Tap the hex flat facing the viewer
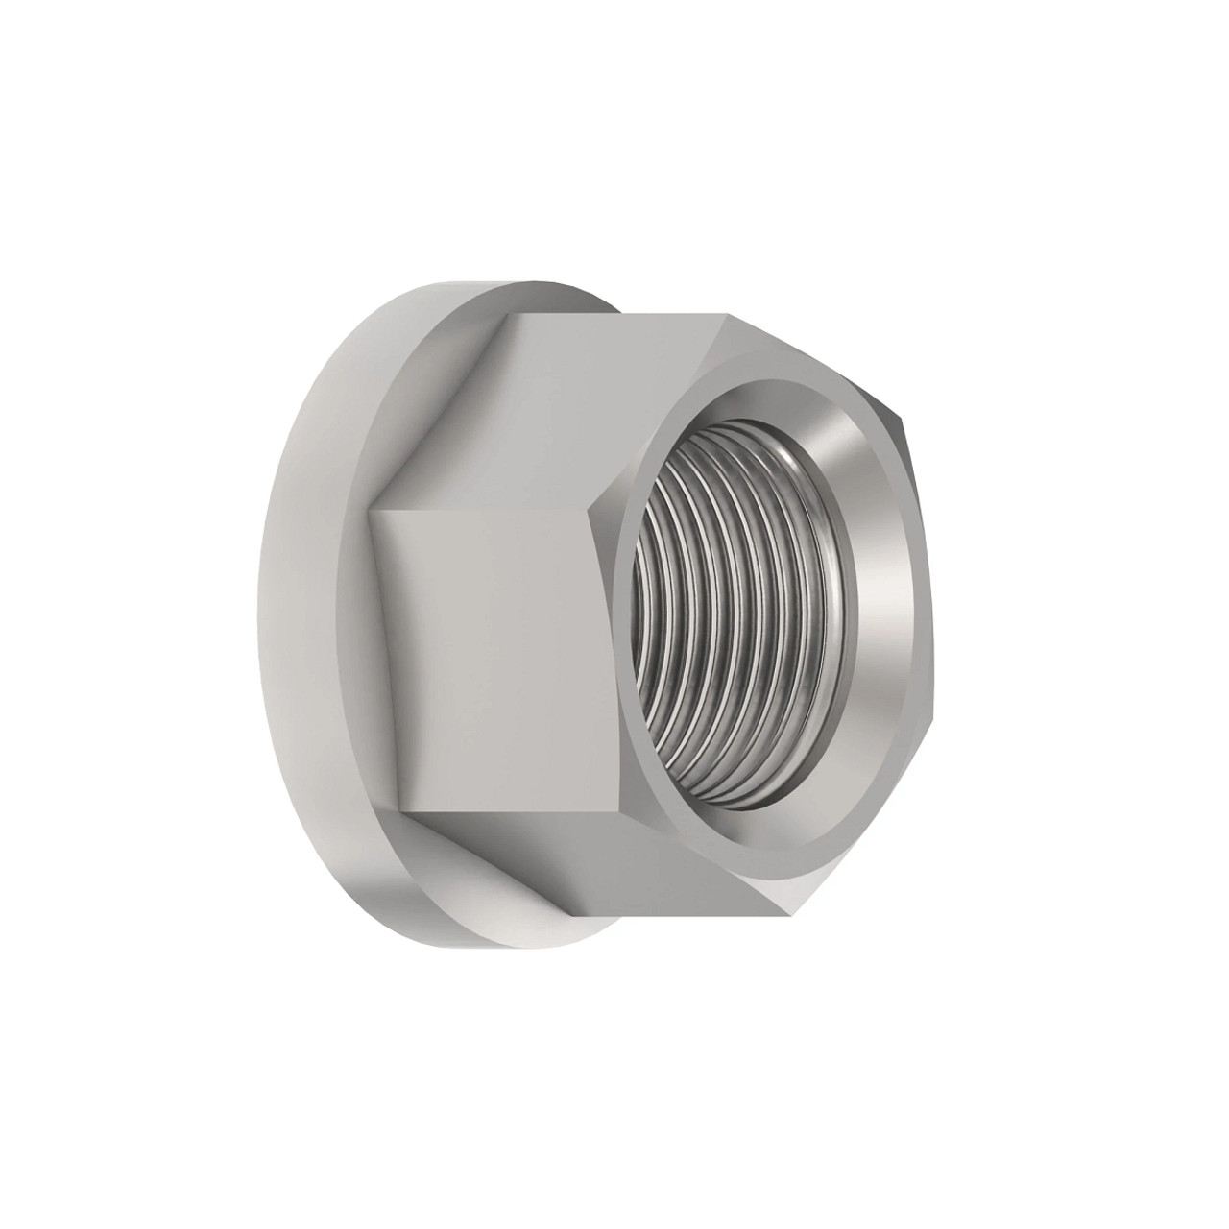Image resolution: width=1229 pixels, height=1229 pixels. click(x=499, y=614)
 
